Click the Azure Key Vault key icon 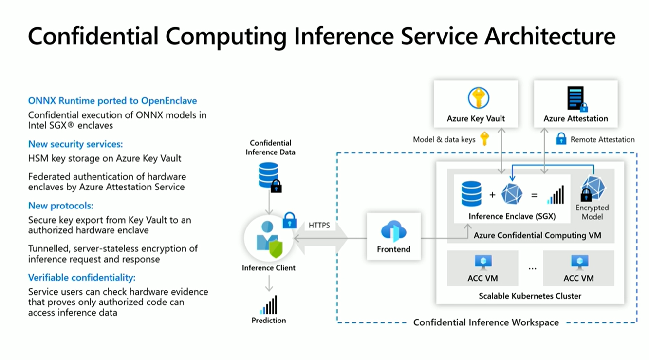478,98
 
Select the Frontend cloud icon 393,231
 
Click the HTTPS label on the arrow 319,226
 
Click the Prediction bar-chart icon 268,305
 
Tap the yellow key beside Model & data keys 484,139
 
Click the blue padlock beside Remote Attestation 561,139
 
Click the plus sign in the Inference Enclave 492,195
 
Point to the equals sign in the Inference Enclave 534,195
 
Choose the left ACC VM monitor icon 483,263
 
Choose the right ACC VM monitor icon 579,263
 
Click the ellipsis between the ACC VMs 532,268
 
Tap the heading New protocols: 61,205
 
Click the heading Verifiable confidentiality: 82,278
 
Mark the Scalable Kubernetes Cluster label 530,296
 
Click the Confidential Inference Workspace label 486,322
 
